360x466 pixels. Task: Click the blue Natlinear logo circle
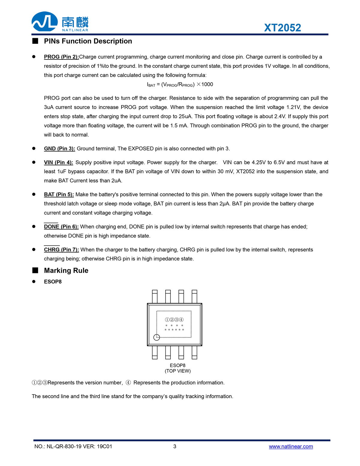click(x=44, y=22)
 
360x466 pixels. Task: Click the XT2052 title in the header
click(x=282, y=28)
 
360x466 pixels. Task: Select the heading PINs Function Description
click(x=88, y=41)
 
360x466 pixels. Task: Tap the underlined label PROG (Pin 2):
click(x=61, y=57)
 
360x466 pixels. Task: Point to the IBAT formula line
click(x=180, y=84)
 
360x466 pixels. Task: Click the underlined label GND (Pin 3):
click(x=59, y=149)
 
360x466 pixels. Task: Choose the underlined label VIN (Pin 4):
click(x=58, y=162)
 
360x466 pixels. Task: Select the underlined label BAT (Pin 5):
click(x=59, y=195)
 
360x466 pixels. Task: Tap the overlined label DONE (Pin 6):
click(x=61, y=227)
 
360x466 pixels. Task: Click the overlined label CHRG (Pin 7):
click(x=61, y=250)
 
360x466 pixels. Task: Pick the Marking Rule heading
click(x=66, y=271)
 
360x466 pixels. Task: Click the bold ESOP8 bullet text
click(x=53, y=282)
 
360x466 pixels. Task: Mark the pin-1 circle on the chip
click(x=157, y=337)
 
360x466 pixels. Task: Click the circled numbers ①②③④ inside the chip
click(x=174, y=320)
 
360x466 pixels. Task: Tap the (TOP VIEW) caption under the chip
click(x=178, y=371)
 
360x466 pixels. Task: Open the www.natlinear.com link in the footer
click(x=291, y=446)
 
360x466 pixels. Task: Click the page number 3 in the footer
click(x=175, y=446)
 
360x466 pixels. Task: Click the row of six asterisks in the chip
click(x=174, y=330)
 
